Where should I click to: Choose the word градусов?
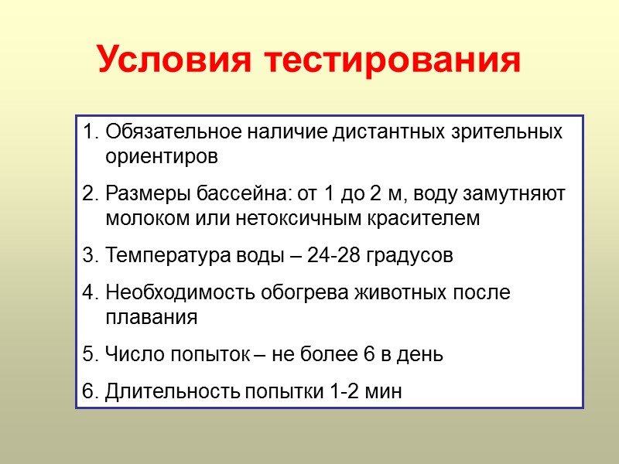[x=412, y=255]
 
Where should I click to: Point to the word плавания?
[x=152, y=318]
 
